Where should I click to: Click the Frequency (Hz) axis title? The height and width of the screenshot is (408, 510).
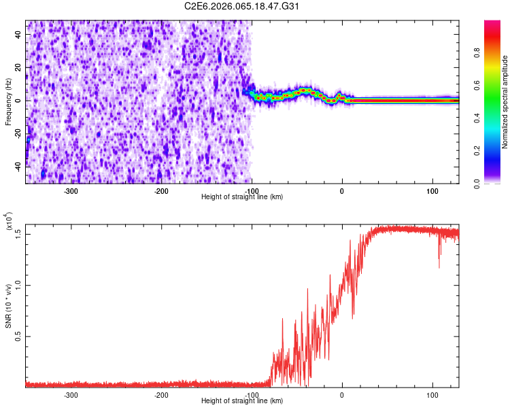[x=8, y=101]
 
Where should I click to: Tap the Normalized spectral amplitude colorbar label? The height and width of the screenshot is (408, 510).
[x=505, y=102]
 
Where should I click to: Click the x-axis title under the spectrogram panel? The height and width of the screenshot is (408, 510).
[x=242, y=197]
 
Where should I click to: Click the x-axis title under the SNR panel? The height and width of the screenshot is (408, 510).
[x=242, y=401]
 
